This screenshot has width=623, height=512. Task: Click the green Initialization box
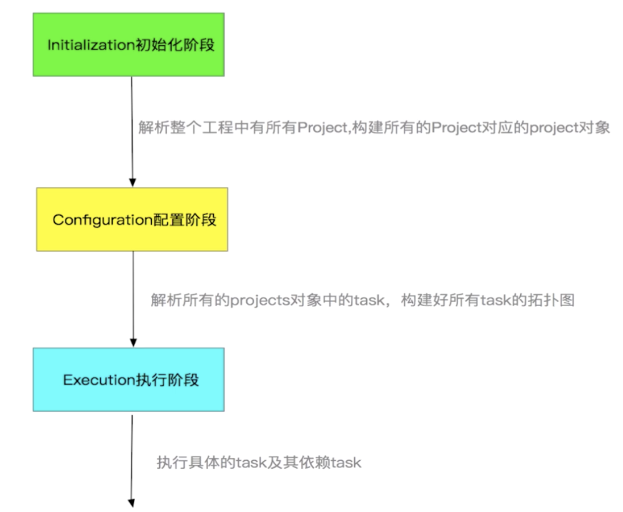click(128, 44)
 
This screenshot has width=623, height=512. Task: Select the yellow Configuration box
click(132, 219)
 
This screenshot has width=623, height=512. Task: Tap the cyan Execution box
click(128, 379)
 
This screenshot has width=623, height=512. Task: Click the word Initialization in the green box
click(91, 45)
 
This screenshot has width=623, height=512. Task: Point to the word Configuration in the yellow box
click(102, 220)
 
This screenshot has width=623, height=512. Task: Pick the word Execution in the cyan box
click(99, 380)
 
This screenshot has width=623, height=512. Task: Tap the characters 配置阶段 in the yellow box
click(185, 220)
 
